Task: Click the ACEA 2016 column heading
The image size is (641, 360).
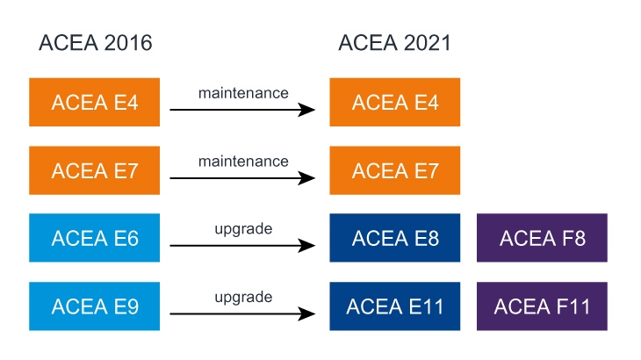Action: (95, 43)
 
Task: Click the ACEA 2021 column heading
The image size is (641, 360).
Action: (394, 43)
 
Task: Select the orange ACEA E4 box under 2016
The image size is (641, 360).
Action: (95, 102)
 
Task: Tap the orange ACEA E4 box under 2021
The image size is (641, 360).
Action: (394, 102)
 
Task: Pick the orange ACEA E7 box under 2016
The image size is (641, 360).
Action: (95, 170)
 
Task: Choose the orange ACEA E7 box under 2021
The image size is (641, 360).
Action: (394, 170)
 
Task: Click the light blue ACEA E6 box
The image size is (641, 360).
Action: (95, 238)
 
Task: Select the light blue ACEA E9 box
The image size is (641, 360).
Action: (95, 306)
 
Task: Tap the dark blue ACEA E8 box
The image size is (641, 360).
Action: (394, 238)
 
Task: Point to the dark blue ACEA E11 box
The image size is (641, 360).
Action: (394, 306)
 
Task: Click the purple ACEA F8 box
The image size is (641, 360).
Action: (542, 238)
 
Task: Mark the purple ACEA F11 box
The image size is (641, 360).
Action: (542, 306)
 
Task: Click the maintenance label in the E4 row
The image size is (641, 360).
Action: (243, 92)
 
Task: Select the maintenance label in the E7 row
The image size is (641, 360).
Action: (243, 161)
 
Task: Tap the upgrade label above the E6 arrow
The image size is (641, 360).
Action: (243, 229)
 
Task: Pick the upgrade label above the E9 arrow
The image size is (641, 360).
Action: (243, 297)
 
